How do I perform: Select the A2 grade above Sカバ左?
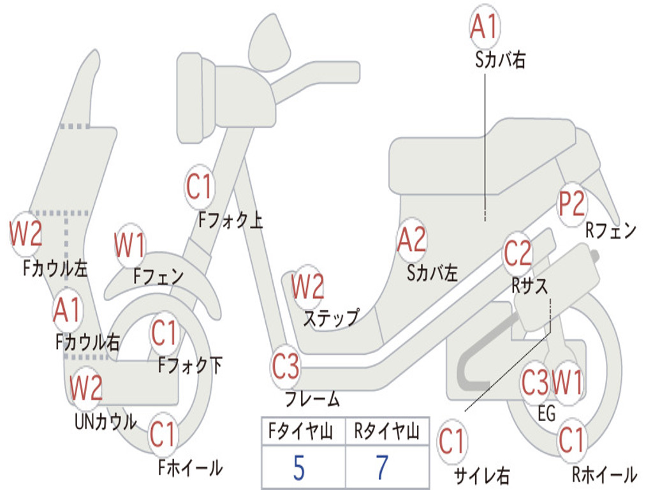(x=411, y=240)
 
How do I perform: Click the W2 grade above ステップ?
(x=308, y=286)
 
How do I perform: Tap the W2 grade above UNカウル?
(x=86, y=388)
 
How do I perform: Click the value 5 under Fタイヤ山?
(x=298, y=468)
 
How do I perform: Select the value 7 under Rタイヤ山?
(x=382, y=468)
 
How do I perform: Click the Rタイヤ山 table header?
(x=386, y=433)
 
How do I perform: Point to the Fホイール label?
(x=190, y=468)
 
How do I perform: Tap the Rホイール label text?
(x=603, y=474)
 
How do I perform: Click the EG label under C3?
(x=547, y=413)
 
